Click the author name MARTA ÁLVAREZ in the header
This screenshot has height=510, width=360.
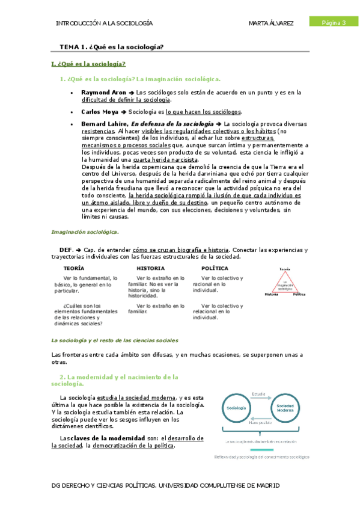point(272,23)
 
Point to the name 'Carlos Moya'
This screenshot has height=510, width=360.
point(99,112)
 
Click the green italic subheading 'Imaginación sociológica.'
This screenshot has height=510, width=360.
point(85,232)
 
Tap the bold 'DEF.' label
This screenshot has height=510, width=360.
point(66,250)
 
